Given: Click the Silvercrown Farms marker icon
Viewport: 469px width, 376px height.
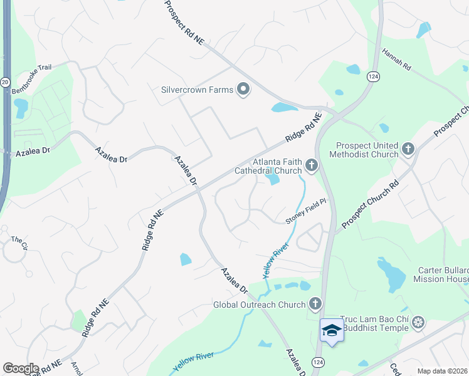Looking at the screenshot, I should [243, 90].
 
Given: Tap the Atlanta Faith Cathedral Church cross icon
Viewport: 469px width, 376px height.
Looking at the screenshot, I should [312, 165].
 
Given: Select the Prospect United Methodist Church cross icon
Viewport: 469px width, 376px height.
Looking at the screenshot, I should [408, 149].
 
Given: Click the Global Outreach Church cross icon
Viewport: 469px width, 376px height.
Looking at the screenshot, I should [315, 305].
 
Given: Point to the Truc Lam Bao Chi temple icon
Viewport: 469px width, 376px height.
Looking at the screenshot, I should [418, 323].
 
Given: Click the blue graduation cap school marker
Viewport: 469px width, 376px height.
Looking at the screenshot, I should [332, 330].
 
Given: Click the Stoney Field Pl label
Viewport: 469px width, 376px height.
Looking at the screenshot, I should [307, 211].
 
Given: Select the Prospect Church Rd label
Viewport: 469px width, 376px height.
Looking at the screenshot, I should [370, 205].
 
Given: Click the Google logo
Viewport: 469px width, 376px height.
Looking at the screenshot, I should [21, 368].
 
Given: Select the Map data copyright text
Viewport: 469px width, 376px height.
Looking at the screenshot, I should [442, 371].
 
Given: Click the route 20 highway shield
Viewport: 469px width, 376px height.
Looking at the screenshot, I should [5, 81].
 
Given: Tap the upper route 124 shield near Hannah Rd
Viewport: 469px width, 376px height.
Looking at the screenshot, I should [372, 76].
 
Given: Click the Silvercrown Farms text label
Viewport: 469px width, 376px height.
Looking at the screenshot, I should [197, 90].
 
